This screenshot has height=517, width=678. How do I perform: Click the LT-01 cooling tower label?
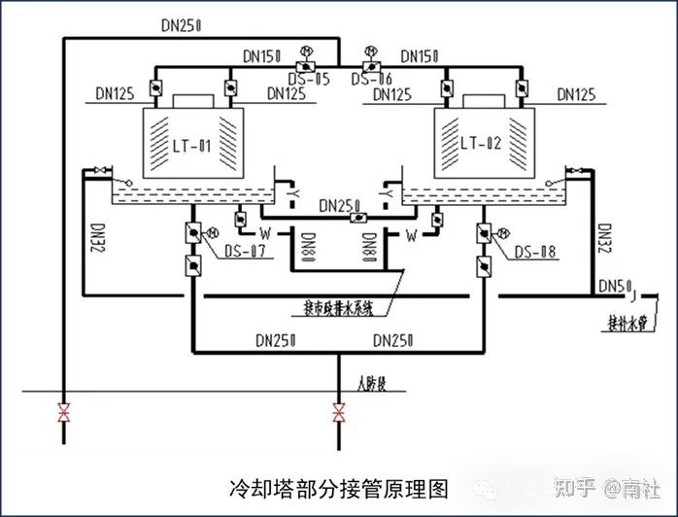[x=191, y=147]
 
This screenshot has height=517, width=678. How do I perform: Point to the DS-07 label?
[x=246, y=253]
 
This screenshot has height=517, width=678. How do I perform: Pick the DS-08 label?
[x=534, y=253]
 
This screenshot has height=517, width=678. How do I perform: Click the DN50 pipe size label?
[x=614, y=286]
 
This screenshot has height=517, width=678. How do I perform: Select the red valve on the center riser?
[x=338, y=412]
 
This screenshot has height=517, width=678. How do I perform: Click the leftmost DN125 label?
[x=116, y=94]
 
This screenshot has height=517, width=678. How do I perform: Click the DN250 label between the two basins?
[x=339, y=205]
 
